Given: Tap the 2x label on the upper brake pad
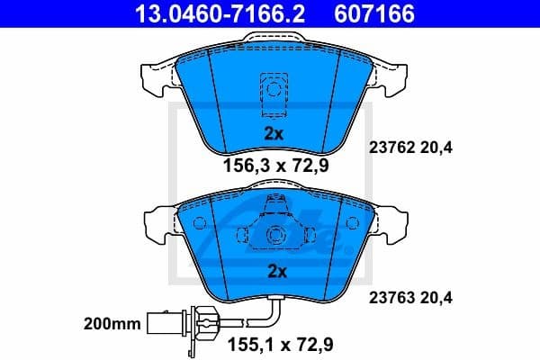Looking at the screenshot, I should tap(273, 133).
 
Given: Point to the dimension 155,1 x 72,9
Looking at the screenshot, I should tap(273, 342).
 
